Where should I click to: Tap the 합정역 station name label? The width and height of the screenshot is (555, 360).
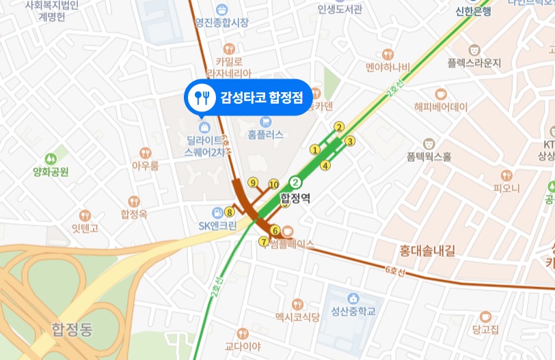(295, 199)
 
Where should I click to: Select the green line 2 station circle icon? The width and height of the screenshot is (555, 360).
(295, 182)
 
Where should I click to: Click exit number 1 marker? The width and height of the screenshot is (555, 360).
(315, 150)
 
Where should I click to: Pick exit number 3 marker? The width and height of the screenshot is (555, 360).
(350, 141)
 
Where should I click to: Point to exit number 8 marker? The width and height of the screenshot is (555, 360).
(229, 212)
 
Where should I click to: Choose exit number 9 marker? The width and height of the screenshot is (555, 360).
(253, 182)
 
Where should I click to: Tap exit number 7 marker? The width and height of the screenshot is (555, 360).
(264, 241)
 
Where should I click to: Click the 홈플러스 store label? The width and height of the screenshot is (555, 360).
(265, 135)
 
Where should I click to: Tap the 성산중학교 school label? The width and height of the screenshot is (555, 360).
(353, 311)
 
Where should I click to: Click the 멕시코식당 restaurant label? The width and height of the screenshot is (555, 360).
(297, 317)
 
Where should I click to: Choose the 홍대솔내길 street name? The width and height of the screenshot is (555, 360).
(427, 250)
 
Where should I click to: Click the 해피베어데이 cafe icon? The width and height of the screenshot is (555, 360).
(440, 93)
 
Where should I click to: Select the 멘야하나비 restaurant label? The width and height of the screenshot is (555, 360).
(388, 67)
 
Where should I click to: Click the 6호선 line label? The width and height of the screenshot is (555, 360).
(394, 271)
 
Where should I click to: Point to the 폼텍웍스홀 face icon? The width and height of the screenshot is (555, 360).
(429, 143)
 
